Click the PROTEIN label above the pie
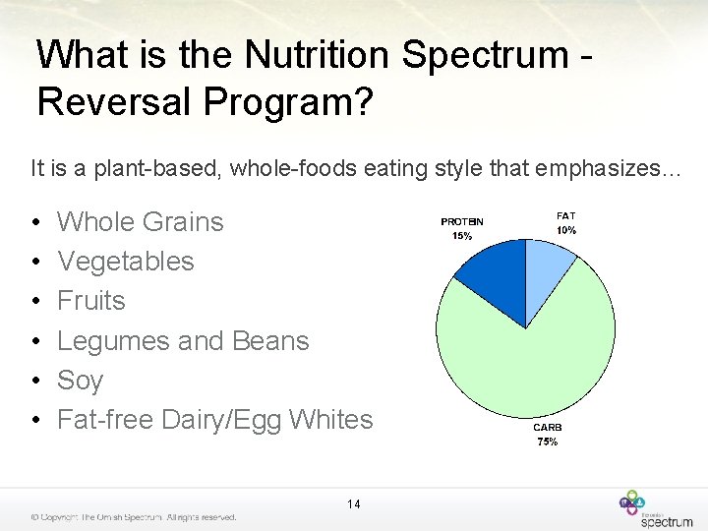click(x=461, y=222)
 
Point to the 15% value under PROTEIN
click(x=461, y=236)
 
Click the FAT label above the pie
click(x=565, y=215)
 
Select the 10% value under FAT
click(x=565, y=230)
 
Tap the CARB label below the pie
click(x=548, y=428)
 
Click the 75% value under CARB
click(x=548, y=442)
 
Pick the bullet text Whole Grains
click(x=141, y=222)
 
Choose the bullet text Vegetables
click(x=126, y=262)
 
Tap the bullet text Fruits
click(x=91, y=301)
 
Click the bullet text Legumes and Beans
click(x=183, y=341)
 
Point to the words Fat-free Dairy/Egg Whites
click(x=215, y=420)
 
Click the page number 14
click(x=354, y=504)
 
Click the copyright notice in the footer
click(x=133, y=517)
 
